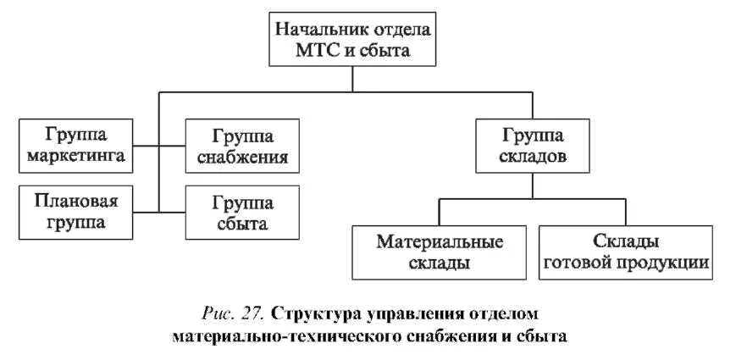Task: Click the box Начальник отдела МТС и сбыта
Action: coord(353,40)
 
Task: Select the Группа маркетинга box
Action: coord(75,144)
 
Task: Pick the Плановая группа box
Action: coord(75,212)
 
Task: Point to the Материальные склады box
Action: coord(440,252)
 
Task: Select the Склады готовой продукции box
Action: coord(626,252)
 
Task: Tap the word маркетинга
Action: coord(75,156)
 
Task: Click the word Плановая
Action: coord(75,201)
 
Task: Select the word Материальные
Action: coord(440,241)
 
